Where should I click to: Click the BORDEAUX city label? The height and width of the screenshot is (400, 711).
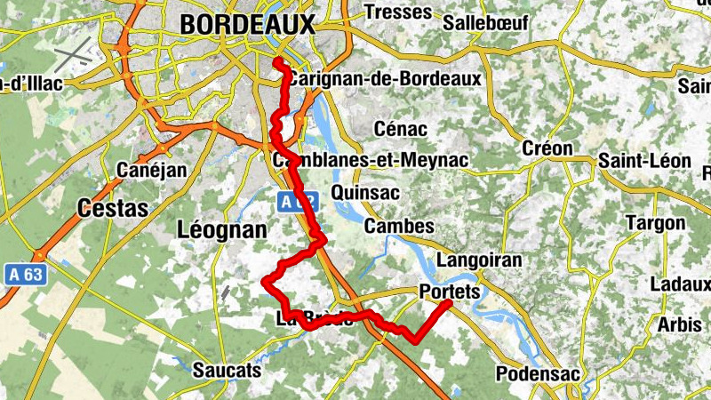247,26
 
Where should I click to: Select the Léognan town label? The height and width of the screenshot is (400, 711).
222,230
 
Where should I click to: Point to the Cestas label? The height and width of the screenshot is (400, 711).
112,208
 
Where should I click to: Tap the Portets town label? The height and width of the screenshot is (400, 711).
449,292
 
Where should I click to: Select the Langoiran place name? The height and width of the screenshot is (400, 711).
479,260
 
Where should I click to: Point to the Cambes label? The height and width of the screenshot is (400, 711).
399,227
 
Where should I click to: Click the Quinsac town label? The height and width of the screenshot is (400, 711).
364,192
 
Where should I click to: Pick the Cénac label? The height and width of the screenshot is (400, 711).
400,129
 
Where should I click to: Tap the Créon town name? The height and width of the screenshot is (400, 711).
547,148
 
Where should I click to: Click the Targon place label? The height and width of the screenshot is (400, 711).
655,222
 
